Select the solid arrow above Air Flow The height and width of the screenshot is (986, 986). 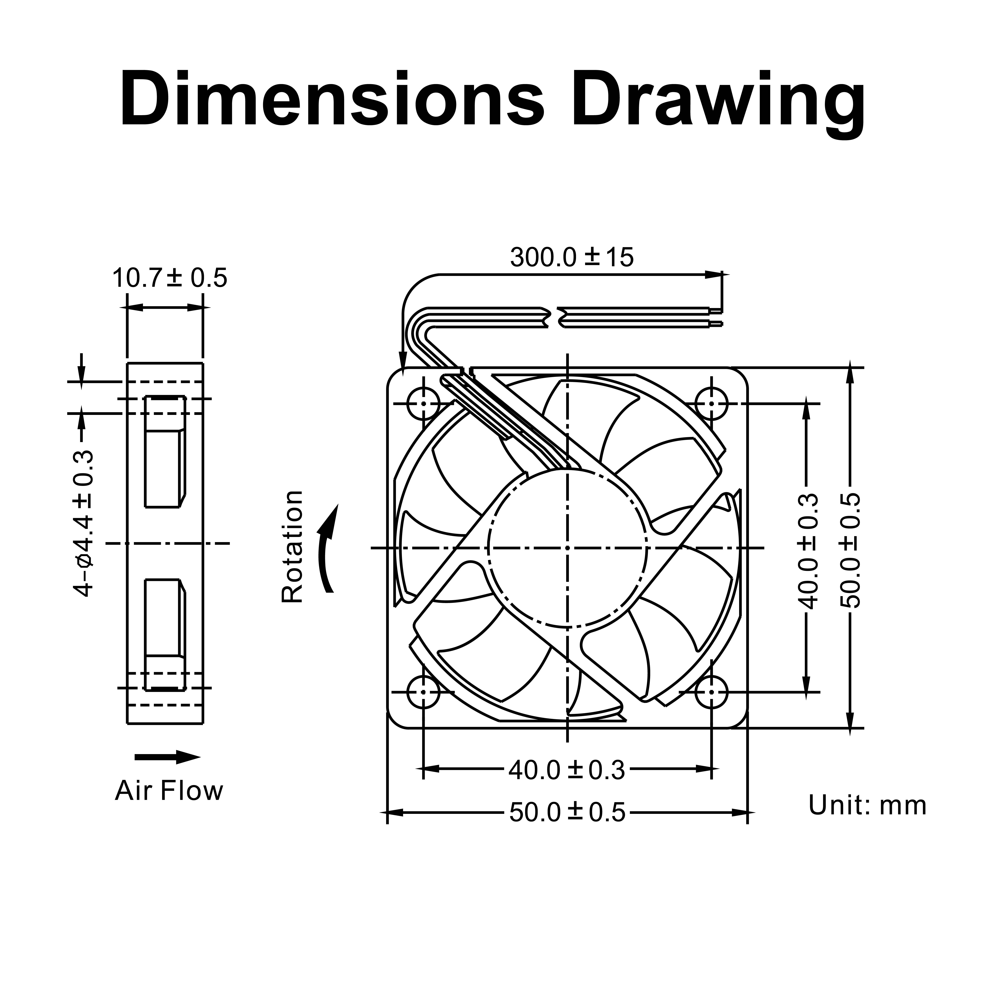pyautogui.click(x=167, y=757)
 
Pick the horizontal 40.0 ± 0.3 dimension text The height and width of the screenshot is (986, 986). pyautogui.click(x=567, y=771)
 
